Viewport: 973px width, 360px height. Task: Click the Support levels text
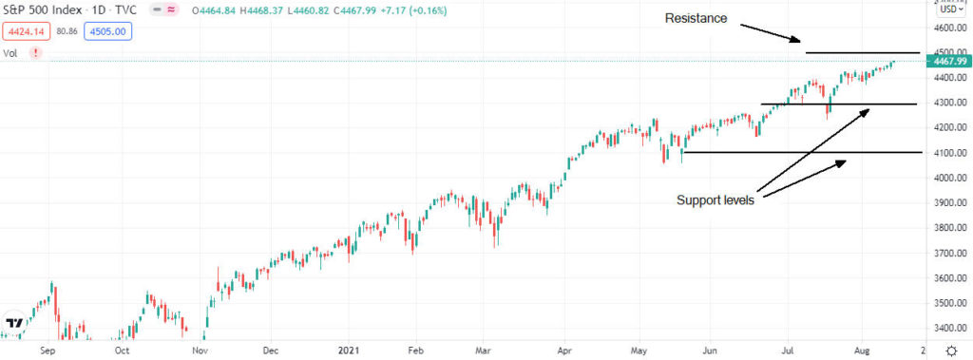click(x=715, y=200)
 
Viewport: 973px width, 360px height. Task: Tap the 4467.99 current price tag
click(x=950, y=61)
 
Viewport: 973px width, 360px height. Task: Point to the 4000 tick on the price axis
click(x=945, y=178)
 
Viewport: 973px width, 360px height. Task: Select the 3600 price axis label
click(x=945, y=278)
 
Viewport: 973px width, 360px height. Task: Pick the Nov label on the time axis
click(x=200, y=350)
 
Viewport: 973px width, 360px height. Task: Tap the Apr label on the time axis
click(x=565, y=350)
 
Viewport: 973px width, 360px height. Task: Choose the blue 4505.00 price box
click(x=108, y=30)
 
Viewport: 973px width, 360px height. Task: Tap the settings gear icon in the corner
click(x=950, y=350)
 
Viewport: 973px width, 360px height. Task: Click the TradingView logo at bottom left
click(x=13, y=323)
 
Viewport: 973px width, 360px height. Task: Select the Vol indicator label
click(x=10, y=53)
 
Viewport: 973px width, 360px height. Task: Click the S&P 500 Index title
click(x=42, y=11)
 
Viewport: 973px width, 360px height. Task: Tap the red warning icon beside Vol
click(x=35, y=53)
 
